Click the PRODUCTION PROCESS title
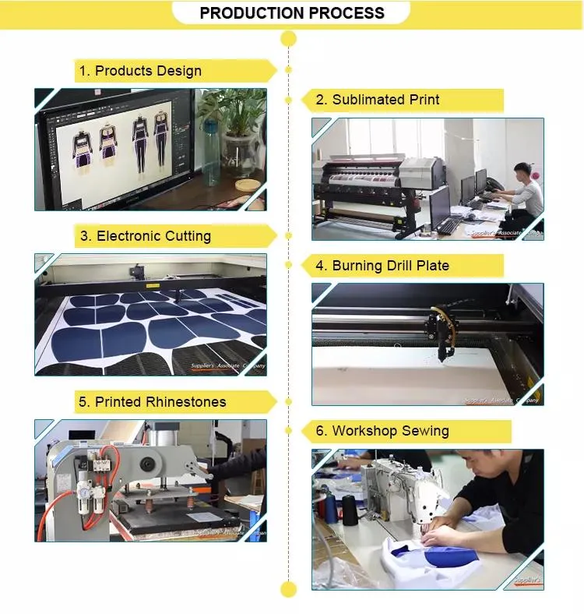291,13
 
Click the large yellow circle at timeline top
289,38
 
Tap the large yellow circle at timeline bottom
289,588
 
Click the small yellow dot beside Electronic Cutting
289,235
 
